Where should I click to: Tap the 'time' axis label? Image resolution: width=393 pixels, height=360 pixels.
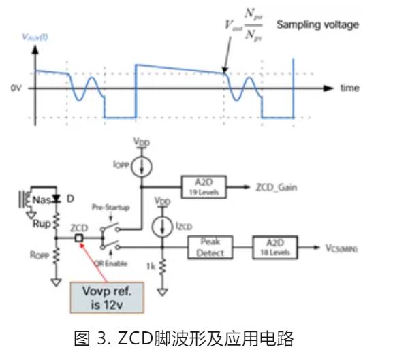tap(350, 88)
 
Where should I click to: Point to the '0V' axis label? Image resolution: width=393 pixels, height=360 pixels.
tap(15, 88)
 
